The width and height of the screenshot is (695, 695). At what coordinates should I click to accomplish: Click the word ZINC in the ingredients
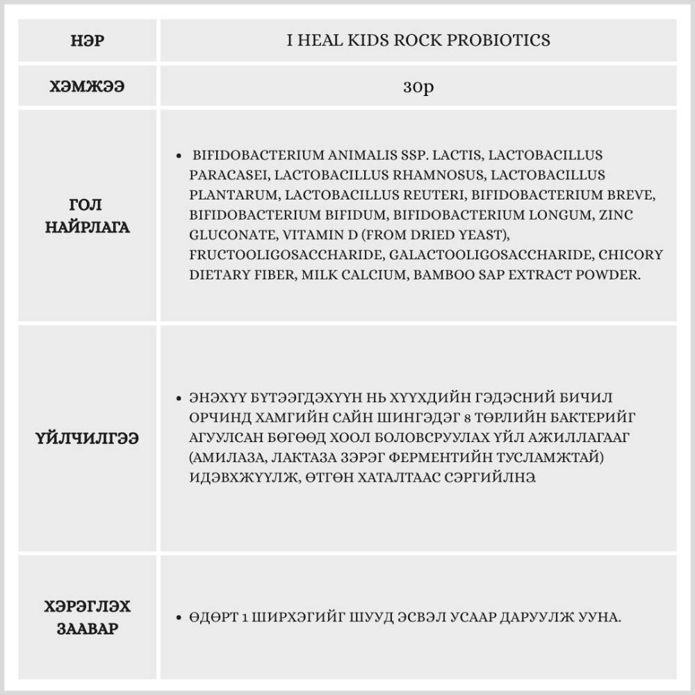pos(614,215)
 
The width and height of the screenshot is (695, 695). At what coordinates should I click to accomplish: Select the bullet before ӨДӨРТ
pos(181,617)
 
